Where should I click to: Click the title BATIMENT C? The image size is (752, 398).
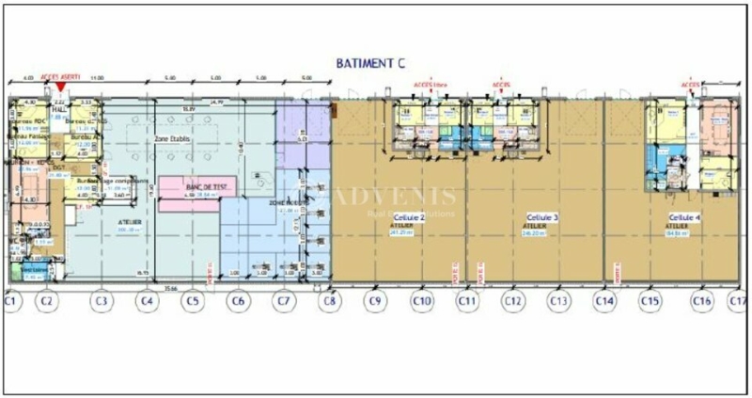tap(370, 63)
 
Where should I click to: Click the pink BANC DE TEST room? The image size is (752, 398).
tap(199, 187)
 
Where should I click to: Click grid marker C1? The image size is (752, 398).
tap(11, 301)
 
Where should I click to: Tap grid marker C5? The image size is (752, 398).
tap(192, 301)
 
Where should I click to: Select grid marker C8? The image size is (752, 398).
tap(328, 301)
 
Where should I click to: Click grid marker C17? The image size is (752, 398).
tap(738, 301)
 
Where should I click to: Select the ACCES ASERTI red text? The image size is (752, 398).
tap(58, 77)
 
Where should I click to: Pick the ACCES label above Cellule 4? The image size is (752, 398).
tap(691, 83)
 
